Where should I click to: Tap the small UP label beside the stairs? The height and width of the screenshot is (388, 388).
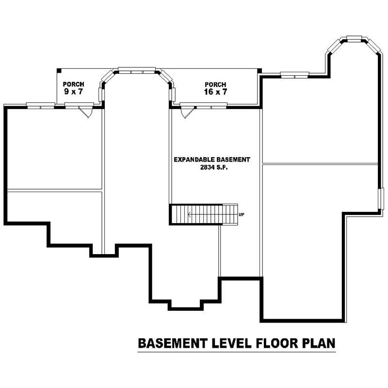click(242, 214)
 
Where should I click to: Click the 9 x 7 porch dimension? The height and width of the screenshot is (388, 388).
click(74, 91)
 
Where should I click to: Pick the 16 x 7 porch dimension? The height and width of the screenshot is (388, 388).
click(215, 91)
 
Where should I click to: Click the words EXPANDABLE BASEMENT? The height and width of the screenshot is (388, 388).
click(212, 159)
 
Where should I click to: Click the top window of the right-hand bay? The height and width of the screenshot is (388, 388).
click(354, 38)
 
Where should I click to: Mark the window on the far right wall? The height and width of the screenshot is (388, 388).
click(380, 198)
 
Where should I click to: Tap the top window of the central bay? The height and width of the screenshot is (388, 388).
click(137, 70)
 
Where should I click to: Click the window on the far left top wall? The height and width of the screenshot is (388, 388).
click(40, 105)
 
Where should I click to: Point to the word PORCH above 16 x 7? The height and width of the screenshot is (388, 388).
click(215, 84)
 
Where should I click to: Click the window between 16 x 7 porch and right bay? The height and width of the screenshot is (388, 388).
click(294, 75)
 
